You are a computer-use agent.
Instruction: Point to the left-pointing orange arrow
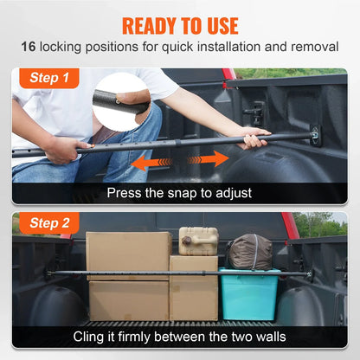[x=148, y=162]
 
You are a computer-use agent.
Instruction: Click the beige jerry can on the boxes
[x=198, y=241]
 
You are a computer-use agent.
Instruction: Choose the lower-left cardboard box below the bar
[x=128, y=299]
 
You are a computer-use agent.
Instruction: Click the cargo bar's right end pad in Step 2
[x=309, y=274]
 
